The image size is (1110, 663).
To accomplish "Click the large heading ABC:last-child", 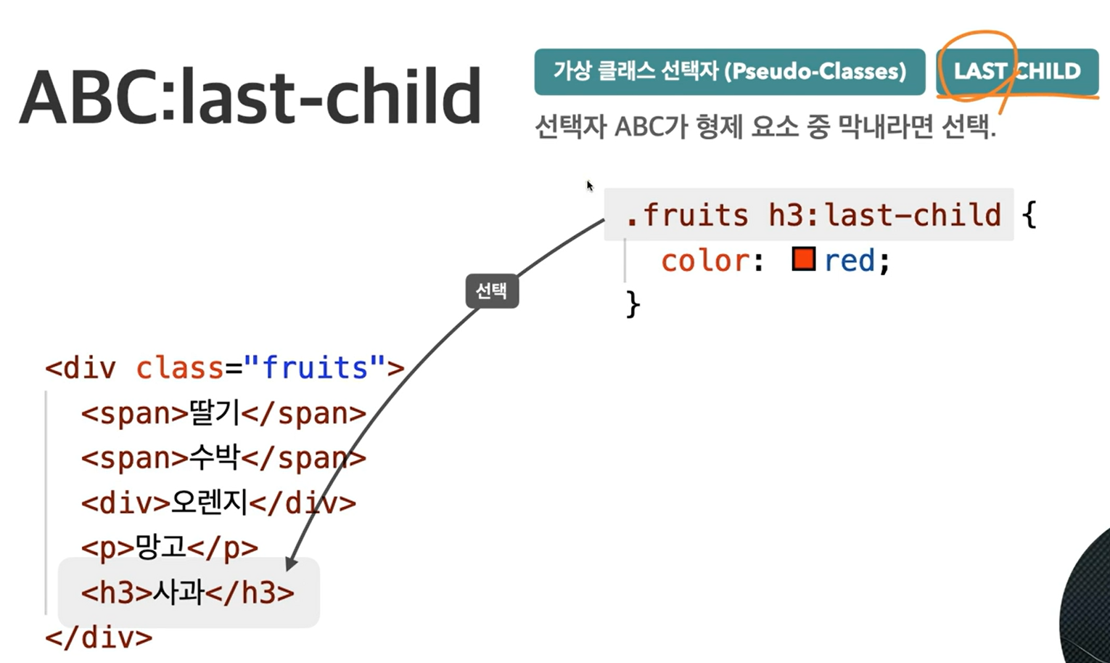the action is tap(250, 97).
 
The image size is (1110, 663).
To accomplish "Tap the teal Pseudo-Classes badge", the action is tap(729, 71).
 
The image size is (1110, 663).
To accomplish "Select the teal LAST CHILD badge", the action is tap(1017, 71).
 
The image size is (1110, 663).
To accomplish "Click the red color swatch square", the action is tap(804, 259).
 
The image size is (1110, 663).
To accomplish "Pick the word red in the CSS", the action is tap(850, 261).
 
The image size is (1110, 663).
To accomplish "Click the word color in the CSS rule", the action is tap(704, 261).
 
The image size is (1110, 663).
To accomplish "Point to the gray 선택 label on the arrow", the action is tap(492, 290).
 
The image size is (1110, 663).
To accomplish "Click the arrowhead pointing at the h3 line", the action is tap(291, 564).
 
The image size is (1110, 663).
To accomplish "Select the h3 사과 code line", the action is tap(188, 592).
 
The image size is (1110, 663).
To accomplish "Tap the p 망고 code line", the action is tap(170, 548).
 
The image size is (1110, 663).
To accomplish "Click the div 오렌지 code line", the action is tap(218, 503).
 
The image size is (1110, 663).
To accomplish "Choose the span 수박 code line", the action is tap(223, 457).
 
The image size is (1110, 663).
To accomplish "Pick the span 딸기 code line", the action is tap(223, 413).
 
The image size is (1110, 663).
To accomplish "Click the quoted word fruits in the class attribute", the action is tap(314, 368).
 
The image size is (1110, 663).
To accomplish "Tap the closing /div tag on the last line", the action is tap(99, 637).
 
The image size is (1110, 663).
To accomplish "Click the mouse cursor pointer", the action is tap(590, 186).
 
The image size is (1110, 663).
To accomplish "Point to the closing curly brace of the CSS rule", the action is tap(633, 304).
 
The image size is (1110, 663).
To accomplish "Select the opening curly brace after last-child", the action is tap(1029, 215).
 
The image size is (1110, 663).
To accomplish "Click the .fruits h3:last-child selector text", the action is tap(813, 215).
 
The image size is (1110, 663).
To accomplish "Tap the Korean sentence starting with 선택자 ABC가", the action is tap(765, 127).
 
